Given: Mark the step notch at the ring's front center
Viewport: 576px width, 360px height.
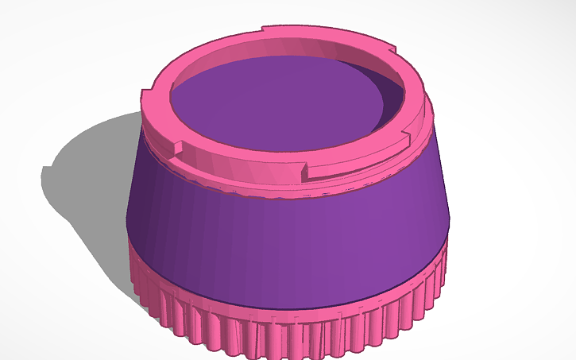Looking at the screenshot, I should pos(306,169).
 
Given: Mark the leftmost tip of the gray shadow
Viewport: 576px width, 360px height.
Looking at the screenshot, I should pos(44,171).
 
